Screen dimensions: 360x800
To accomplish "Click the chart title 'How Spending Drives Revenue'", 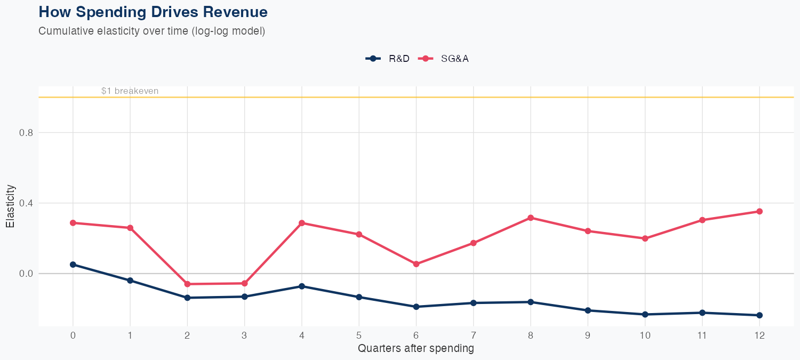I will (153, 12).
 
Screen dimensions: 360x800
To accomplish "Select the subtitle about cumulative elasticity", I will (151, 31).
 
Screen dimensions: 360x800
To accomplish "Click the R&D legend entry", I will (388, 59).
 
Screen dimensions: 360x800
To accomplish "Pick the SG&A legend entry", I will (444, 59).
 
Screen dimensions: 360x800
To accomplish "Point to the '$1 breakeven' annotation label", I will (130, 91).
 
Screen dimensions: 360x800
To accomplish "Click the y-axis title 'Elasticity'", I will (10, 206).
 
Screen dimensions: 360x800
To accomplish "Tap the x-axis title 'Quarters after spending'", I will (415, 349).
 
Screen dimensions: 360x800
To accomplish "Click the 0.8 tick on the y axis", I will (26, 133).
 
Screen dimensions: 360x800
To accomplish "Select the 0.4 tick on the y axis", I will (26, 203).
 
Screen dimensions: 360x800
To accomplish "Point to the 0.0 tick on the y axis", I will (26, 274).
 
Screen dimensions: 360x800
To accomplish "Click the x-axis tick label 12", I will (759, 335).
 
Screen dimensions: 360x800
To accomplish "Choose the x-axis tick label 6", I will (416, 335).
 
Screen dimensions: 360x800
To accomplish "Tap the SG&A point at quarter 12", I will (759, 211).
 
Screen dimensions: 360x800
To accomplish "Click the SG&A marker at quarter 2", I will (187, 284).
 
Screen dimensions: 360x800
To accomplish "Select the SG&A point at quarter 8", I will (531, 218).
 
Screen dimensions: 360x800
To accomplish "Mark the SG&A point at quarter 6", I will (416, 264).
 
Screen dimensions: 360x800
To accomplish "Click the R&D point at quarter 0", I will (73, 265).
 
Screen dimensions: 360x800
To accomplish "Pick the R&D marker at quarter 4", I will (302, 286).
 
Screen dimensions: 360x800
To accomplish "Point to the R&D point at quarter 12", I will (759, 315).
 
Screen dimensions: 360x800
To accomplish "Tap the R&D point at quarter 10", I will (645, 315).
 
